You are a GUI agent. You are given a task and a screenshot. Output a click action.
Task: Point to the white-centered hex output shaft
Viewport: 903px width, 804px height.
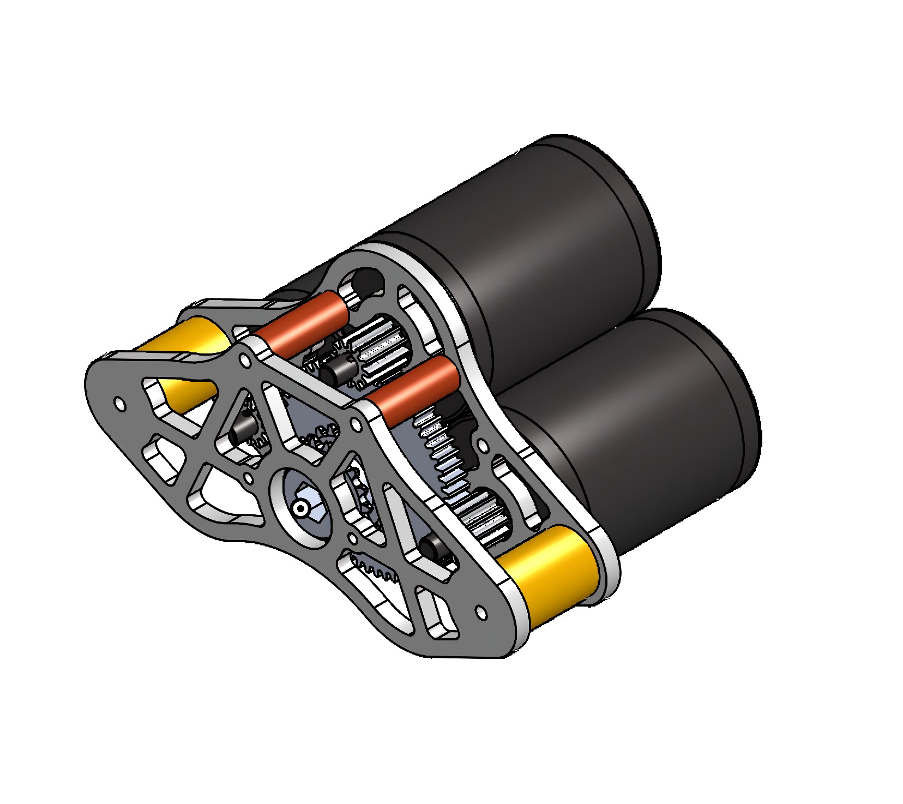pos(300,508)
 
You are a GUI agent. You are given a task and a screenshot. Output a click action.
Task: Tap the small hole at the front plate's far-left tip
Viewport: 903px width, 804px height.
pos(119,404)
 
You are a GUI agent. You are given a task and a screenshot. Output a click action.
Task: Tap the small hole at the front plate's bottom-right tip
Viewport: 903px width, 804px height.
pos(481,612)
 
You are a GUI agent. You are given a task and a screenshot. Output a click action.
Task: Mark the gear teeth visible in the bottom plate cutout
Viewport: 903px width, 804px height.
pos(376,571)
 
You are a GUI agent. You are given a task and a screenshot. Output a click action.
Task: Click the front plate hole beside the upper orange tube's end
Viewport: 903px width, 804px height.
pos(245,361)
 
